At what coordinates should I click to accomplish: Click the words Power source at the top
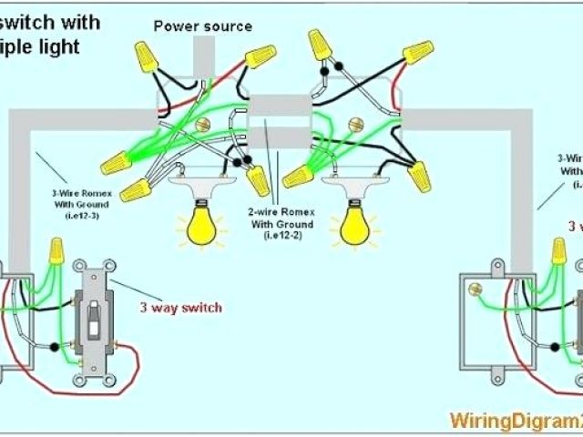(x=202, y=26)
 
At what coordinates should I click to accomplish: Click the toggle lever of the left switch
(x=94, y=318)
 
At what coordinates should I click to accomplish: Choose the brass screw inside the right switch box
(x=474, y=290)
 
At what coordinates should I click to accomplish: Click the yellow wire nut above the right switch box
(x=557, y=248)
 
